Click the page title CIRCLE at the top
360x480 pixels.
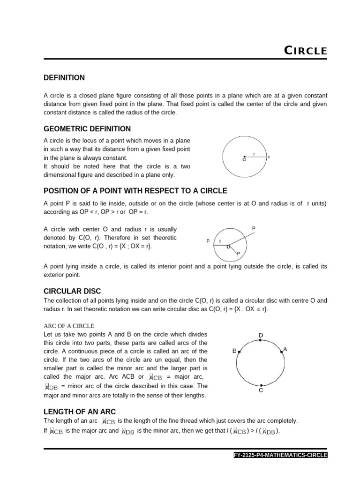pyautogui.click(x=306, y=51)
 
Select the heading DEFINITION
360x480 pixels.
pyautogui.click(x=64, y=78)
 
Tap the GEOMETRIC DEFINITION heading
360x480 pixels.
pyautogui.click(x=87, y=129)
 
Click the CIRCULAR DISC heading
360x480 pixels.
pyautogui.click(x=72, y=291)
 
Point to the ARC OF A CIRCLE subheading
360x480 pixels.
pyautogui.click(x=69, y=326)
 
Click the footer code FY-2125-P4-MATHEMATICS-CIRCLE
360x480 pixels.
pyautogui.click(x=280, y=455)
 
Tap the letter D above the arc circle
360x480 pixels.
pyautogui.click(x=261, y=335)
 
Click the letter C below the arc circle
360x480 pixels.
pyautogui.click(x=261, y=390)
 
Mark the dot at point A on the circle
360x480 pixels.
pyautogui.click(x=282, y=352)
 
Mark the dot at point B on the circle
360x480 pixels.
pyautogui.click(x=240, y=352)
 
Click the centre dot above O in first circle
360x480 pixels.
pyautogui.click(x=244, y=157)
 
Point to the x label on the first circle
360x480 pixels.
pyautogui.click(x=269, y=157)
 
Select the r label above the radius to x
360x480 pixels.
pyautogui.click(x=254, y=154)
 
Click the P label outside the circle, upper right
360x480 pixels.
pyautogui.click(x=254, y=229)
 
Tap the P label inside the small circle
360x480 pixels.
pyautogui.click(x=239, y=253)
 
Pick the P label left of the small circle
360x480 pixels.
pyautogui.click(x=208, y=241)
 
